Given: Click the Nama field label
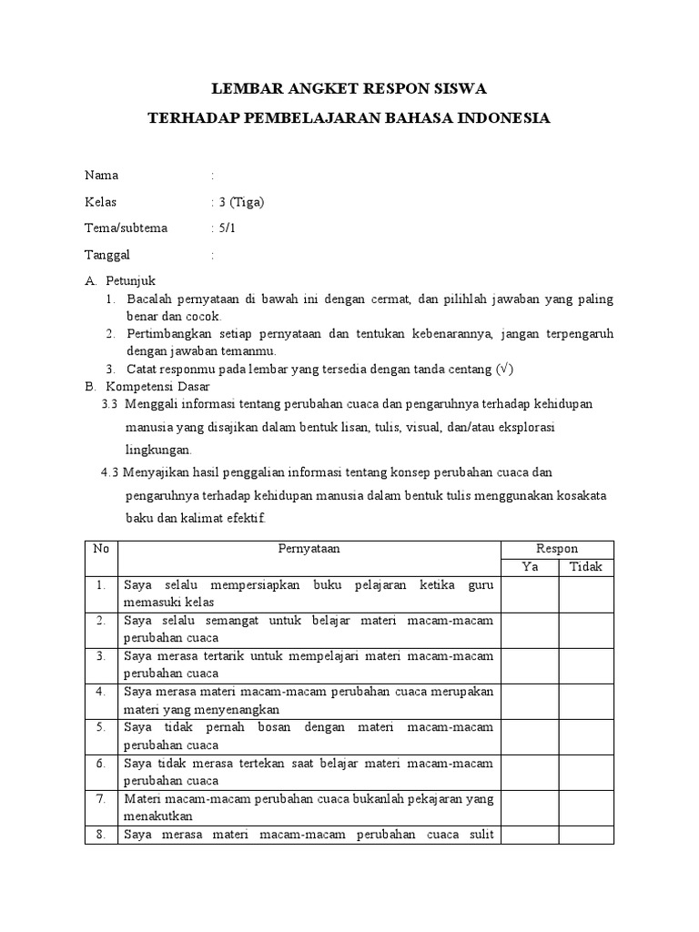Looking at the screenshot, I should pos(101,176).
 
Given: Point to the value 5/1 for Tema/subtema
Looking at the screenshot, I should pos(228,228).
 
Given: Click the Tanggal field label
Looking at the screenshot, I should pos(108,256).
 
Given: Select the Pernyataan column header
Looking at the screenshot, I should pos(309,549).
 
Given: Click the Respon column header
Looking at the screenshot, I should pos(557,549).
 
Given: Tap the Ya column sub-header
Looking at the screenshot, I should pos(530,567).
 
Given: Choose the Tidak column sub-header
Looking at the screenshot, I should pos(586,567).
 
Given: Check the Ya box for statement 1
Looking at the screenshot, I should pos(530,593).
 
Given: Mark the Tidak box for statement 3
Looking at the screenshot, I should pos(586,664).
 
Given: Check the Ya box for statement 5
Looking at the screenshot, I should pos(530,735).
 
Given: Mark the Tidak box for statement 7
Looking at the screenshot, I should pos(586,807).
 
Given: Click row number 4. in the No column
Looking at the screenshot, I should pos(102,692).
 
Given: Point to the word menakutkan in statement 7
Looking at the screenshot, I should pos(152,816).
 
